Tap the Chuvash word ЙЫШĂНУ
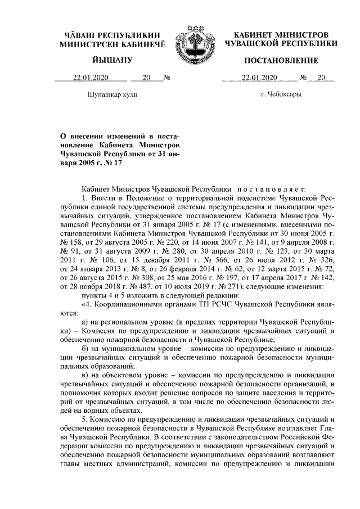coord(112,60)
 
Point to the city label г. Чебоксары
coord(281,94)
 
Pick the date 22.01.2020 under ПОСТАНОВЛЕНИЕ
coord(259,78)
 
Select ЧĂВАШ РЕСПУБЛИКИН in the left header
coord(113,35)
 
